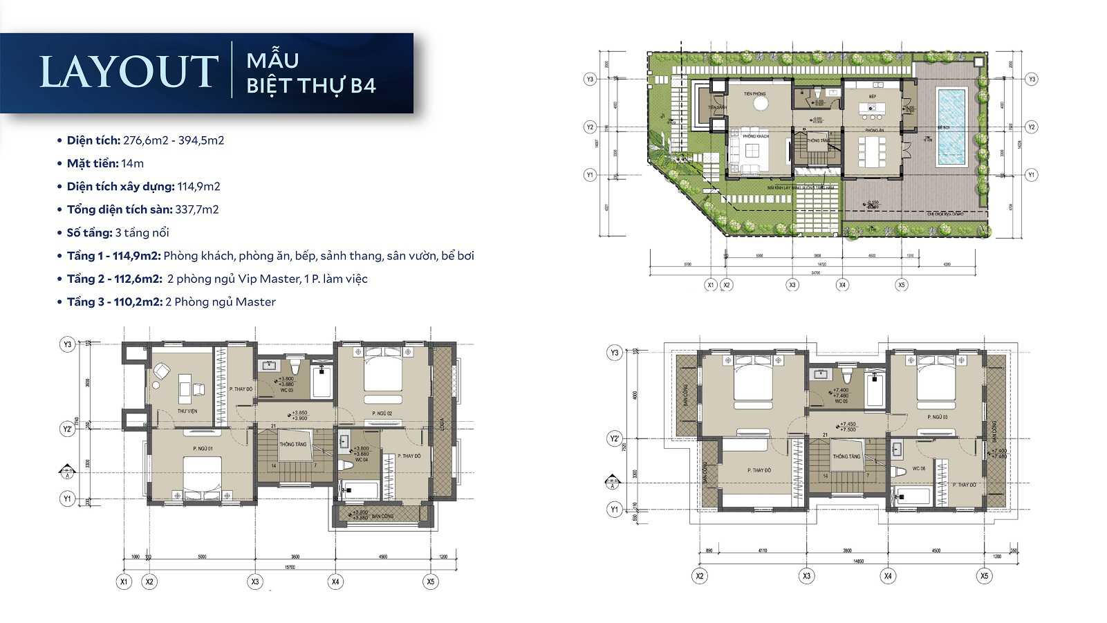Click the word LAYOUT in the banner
pos(129,72)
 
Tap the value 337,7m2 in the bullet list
pos(197,210)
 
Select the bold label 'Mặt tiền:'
pos(93,163)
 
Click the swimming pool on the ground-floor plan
pos(951,126)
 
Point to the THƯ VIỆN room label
pos(187,411)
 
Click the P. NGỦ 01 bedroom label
pos(203,449)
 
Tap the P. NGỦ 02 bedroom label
pos(382,413)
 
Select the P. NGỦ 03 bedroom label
pos(937,417)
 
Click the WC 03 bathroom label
pos(286,390)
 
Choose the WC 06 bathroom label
pos(918,468)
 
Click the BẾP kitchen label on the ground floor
pos(873,96)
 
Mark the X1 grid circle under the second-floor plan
pos(124,582)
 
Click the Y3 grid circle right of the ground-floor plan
pos(1032,80)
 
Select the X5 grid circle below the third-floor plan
pos(984,575)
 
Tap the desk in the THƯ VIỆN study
pos(185,388)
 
